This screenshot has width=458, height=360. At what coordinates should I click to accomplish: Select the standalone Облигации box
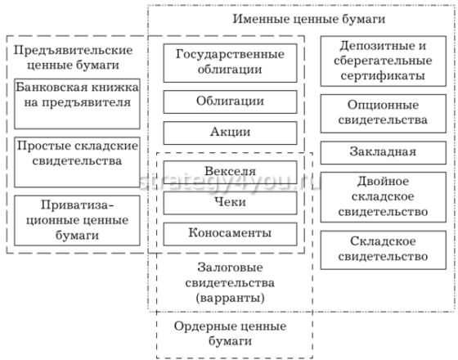click(230, 101)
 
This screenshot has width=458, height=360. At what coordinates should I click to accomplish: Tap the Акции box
click(230, 132)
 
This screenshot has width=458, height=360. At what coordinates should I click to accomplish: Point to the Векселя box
click(230, 172)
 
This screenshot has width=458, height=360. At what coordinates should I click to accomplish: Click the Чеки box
click(230, 202)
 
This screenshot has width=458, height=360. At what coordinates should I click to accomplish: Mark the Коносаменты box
click(230, 233)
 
